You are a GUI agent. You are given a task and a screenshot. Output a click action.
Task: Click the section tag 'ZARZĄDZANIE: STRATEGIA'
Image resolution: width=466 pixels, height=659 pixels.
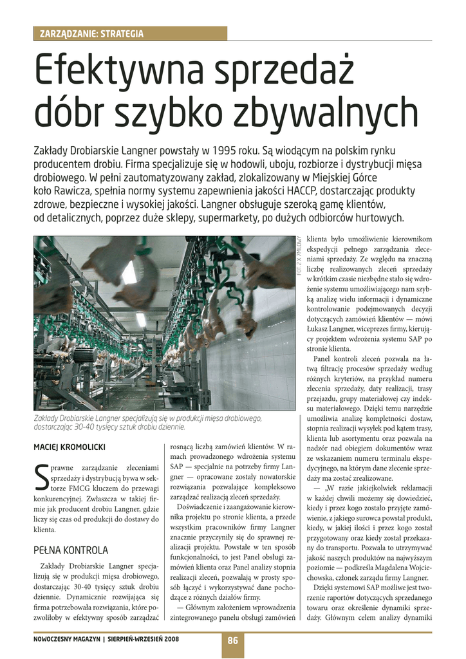[92, 33]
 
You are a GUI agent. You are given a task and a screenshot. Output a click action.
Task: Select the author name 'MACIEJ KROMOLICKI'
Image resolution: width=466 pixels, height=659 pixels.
[70, 447]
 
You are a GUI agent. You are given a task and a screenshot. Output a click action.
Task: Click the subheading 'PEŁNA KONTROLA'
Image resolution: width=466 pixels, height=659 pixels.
[71, 550]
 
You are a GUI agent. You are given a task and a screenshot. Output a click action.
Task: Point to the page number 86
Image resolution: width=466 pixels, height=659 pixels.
[232, 640]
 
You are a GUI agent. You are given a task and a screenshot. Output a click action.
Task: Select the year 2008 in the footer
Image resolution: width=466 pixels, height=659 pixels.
[171, 640]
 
